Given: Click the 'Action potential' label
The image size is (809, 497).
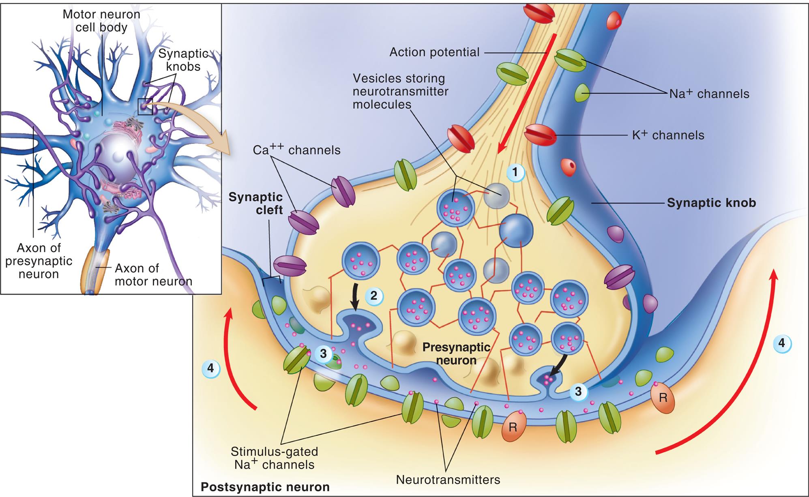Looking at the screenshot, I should [434, 52].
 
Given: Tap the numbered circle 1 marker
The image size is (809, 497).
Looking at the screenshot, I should [515, 173].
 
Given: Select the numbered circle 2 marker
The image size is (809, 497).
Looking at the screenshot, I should [373, 296].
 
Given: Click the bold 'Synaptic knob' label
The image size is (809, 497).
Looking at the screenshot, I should [711, 203].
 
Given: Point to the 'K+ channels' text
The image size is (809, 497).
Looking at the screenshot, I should [668, 135].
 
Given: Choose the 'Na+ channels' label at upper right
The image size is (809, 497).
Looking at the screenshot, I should [709, 94].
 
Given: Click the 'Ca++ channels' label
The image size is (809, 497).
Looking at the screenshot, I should [296, 150].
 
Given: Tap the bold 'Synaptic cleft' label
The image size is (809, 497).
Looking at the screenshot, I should [255, 204].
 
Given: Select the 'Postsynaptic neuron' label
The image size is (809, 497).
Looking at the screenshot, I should [265, 486].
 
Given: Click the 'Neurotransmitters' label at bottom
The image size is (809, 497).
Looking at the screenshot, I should [448, 480].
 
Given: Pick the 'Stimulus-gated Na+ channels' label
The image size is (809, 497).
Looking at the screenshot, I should [274, 458].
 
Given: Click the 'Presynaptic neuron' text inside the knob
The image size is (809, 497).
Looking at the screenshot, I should [456, 353].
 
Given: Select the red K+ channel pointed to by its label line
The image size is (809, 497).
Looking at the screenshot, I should [539, 135].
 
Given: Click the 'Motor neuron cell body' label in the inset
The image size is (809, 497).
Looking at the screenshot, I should [101, 21].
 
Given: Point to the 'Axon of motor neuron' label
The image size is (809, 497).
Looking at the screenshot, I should [153, 274].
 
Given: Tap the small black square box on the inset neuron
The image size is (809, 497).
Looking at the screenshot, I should [145, 107].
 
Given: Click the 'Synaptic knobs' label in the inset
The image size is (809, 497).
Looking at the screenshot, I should [183, 60].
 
